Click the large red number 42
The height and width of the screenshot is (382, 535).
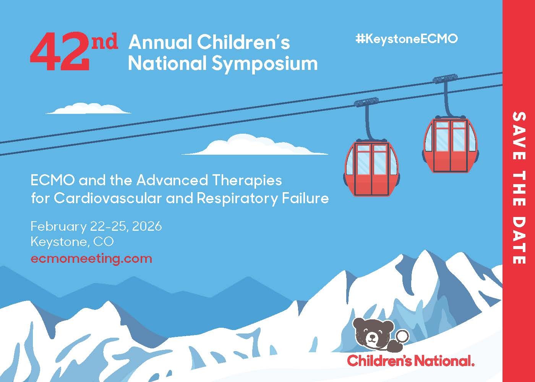[x=60, y=51]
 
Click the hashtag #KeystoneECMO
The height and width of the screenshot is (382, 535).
[x=407, y=39]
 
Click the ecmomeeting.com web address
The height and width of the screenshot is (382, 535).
[x=91, y=259]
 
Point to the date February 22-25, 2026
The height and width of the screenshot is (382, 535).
[x=96, y=226]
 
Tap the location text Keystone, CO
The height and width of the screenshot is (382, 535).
[x=72, y=241]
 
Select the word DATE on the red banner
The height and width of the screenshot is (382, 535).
[x=519, y=239]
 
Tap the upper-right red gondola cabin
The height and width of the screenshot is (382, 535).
[x=451, y=144]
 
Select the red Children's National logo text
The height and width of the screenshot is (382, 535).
[x=410, y=361]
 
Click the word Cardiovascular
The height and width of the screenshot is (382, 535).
[x=107, y=198]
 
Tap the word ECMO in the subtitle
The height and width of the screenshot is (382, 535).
[x=53, y=180]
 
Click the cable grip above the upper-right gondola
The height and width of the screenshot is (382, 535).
[x=445, y=79]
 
